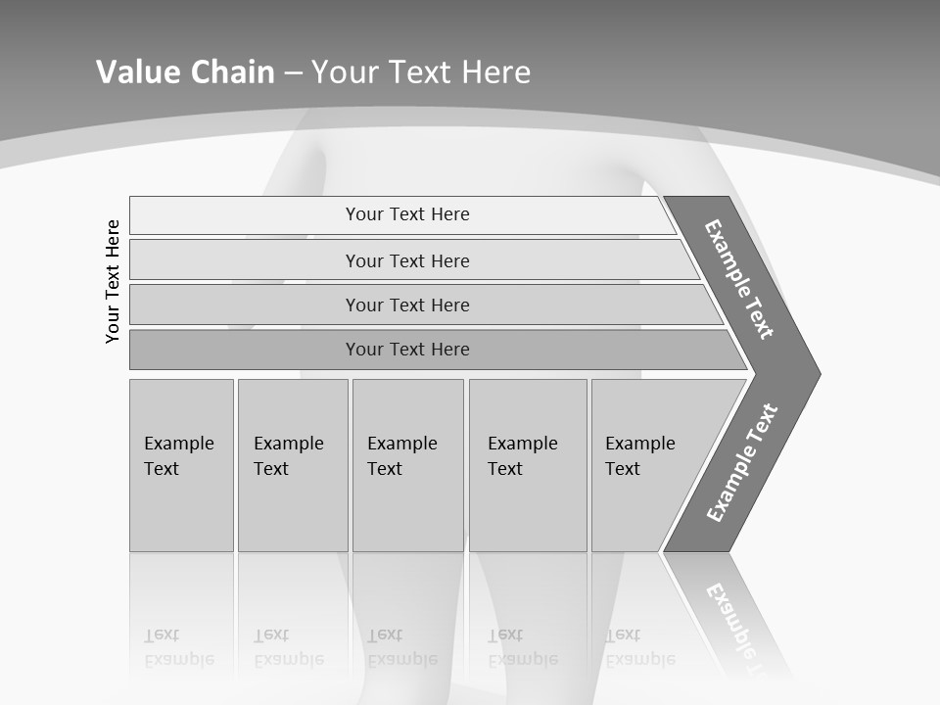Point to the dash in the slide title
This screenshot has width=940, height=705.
click(x=294, y=72)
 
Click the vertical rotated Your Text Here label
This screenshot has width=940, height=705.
click(x=113, y=281)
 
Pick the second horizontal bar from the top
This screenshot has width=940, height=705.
click(x=406, y=260)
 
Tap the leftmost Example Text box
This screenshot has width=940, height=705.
click(x=181, y=465)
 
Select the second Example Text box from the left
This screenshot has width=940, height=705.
click(x=292, y=465)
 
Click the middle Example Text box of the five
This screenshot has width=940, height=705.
click(x=407, y=465)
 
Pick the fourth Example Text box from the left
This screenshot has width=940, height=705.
click(x=527, y=465)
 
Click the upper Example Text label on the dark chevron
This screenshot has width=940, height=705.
click(x=739, y=279)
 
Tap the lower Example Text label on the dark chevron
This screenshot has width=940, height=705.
click(x=741, y=463)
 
